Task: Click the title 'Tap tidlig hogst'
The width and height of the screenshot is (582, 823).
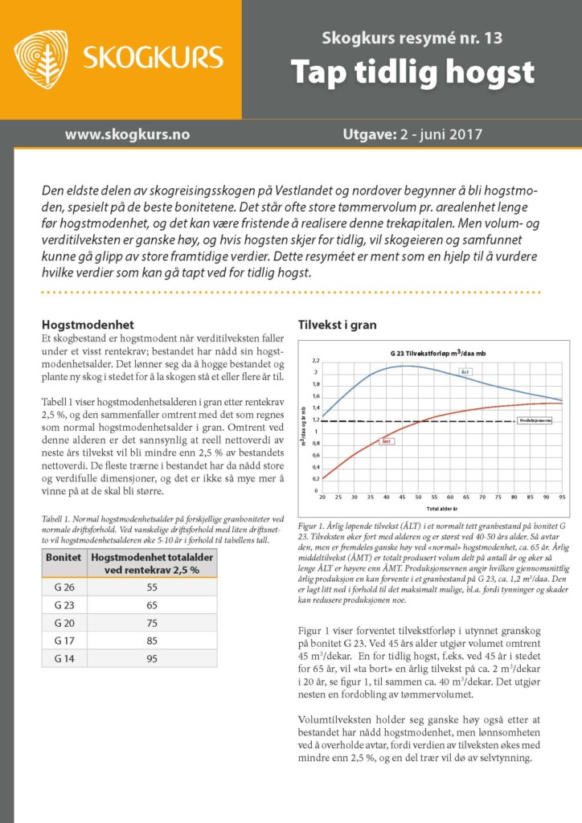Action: pos(412,72)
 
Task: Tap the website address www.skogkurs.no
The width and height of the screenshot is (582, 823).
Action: pos(127,134)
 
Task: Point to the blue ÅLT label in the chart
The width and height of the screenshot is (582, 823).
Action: pos(466,371)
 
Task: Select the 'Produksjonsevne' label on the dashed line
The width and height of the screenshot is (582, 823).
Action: pos(534,420)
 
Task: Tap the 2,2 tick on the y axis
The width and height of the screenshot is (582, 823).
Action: pos(315,361)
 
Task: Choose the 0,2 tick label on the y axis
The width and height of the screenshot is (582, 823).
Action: pos(315,478)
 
